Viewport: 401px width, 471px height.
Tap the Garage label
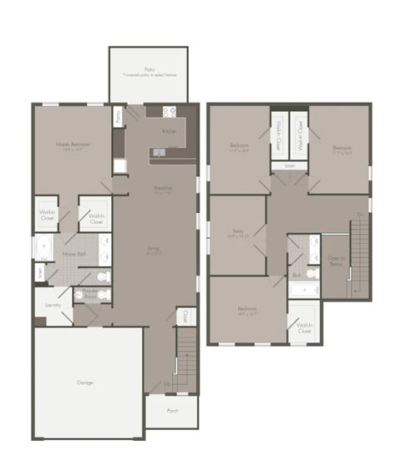(x=85, y=382)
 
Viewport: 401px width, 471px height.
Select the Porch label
(x=171, y=410)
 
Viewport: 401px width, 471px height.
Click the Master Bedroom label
(x=73, y=144)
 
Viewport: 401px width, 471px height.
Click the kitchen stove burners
(x=170, y=112)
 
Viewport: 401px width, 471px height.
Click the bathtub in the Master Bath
(x=43, y=247)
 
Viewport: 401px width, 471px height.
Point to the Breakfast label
(x=163, y=189)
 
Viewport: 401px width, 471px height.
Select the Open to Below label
(x=337, y=261)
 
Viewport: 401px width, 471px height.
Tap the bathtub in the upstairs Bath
(x=305, y=291)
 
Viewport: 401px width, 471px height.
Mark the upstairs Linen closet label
(x=289, y=166)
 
